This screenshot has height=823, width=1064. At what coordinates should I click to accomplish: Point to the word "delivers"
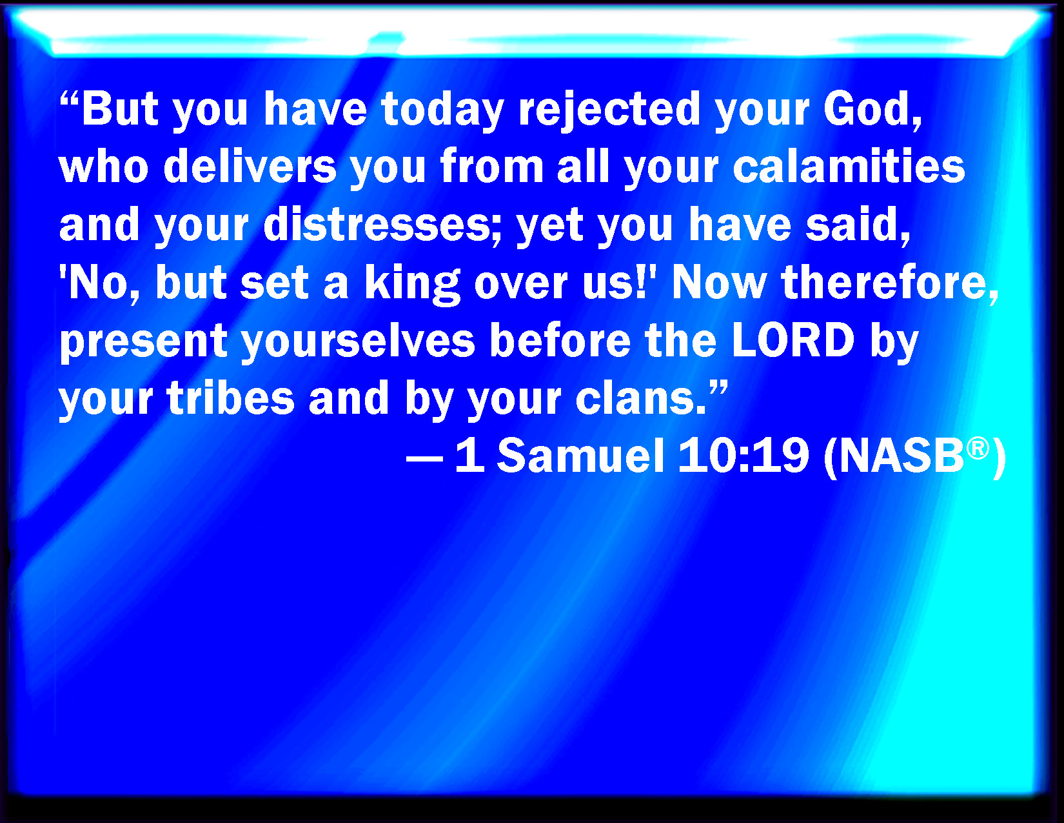[250, 167]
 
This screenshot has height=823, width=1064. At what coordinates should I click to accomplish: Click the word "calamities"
[849, 167]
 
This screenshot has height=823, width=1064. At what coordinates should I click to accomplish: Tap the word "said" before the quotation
[854, 225]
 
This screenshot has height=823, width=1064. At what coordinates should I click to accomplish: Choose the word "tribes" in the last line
[231, 398]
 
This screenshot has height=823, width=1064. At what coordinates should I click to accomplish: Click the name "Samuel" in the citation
[581, 456]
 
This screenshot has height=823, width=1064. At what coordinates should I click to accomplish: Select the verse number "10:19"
[744, 456]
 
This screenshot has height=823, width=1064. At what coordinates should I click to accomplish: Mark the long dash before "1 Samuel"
[424, 461]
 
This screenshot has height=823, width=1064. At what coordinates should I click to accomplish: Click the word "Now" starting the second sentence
[719, 283]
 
